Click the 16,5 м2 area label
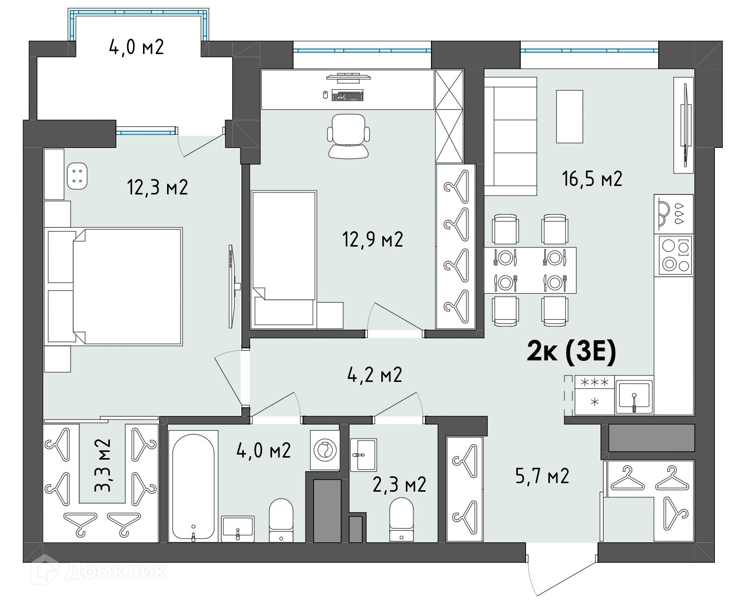coord(592,179)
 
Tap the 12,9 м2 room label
coord(373,240)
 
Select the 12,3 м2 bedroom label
coord(158,187)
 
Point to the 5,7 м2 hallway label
coord(542,476)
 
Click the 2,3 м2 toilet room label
coord(399,485)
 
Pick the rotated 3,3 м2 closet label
coord(102,465)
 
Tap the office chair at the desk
coord(349,136)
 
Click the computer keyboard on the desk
coord(348,95)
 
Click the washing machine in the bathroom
coord(325,450)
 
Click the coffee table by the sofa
coord(569,116)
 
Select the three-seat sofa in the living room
coord(511,136)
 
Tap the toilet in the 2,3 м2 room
coord(401,519)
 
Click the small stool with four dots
coord(77,176)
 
